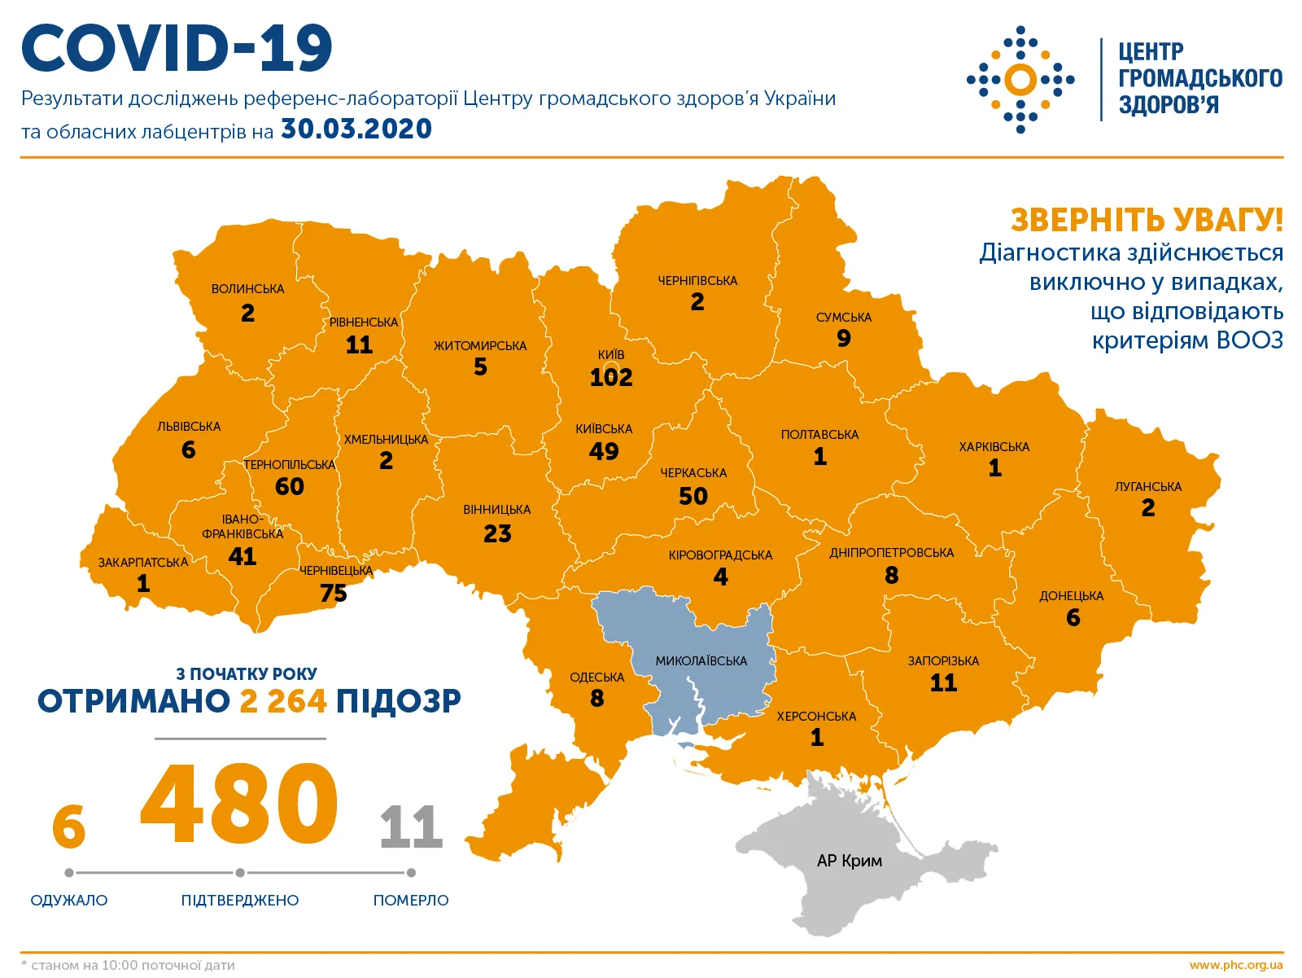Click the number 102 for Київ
[611, 378]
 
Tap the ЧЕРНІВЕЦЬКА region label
[336, 571]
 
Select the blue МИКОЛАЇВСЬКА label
[701, 661]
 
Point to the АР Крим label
[849, 861]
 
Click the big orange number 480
[239, 805]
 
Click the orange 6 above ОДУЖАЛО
[68, 827]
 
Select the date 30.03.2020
[356, 129]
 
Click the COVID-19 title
[177, 48]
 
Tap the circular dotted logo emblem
[1020, 80]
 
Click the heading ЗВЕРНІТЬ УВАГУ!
[1147, 220]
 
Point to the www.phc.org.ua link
[1235, 965]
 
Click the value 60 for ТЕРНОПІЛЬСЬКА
[289, 487]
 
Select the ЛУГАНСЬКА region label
[1147, 487]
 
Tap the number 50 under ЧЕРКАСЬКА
[693, 496]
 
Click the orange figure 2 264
[283, 701]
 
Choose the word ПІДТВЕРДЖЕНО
[240, 900]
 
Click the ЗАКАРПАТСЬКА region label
[143, 563]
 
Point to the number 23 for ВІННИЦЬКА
[497, 534]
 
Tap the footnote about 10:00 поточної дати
[129, 965]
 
